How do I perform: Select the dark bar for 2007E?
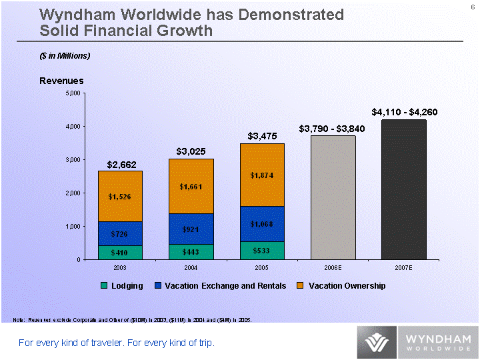[404, 189]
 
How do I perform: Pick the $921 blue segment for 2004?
[191, 229]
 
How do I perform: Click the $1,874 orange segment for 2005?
[262, 175]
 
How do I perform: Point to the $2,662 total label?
[121, 164]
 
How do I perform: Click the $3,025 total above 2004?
[191, 151]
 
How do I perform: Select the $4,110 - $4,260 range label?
[404, 112]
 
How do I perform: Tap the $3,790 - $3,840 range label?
[331, 129]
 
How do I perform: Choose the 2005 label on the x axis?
[262, 267]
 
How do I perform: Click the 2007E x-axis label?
[403, 267]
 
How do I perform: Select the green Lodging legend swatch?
[104, 286]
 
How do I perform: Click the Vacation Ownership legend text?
[347, 286]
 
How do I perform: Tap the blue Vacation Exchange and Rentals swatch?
[158, 286]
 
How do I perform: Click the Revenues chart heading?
[61, 81]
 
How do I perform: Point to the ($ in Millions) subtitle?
[65, 55]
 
